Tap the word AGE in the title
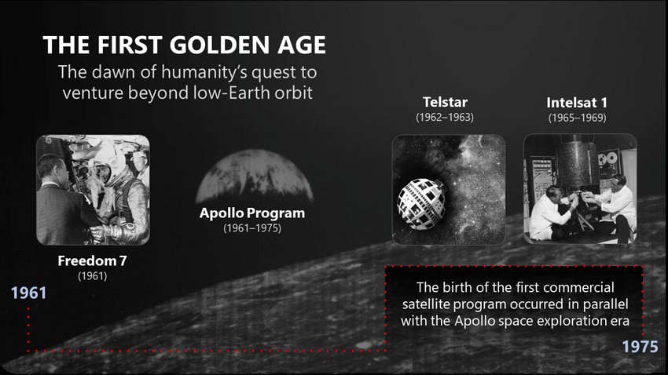302,45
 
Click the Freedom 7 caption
93,260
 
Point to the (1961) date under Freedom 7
93,276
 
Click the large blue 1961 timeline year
28,293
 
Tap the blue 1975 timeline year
640,347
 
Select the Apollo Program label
252,213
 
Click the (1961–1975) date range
252,228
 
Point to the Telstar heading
445,102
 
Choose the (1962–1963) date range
445,117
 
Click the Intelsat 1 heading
577,103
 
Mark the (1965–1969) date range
578,118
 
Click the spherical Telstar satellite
421,204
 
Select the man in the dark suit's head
53,169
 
